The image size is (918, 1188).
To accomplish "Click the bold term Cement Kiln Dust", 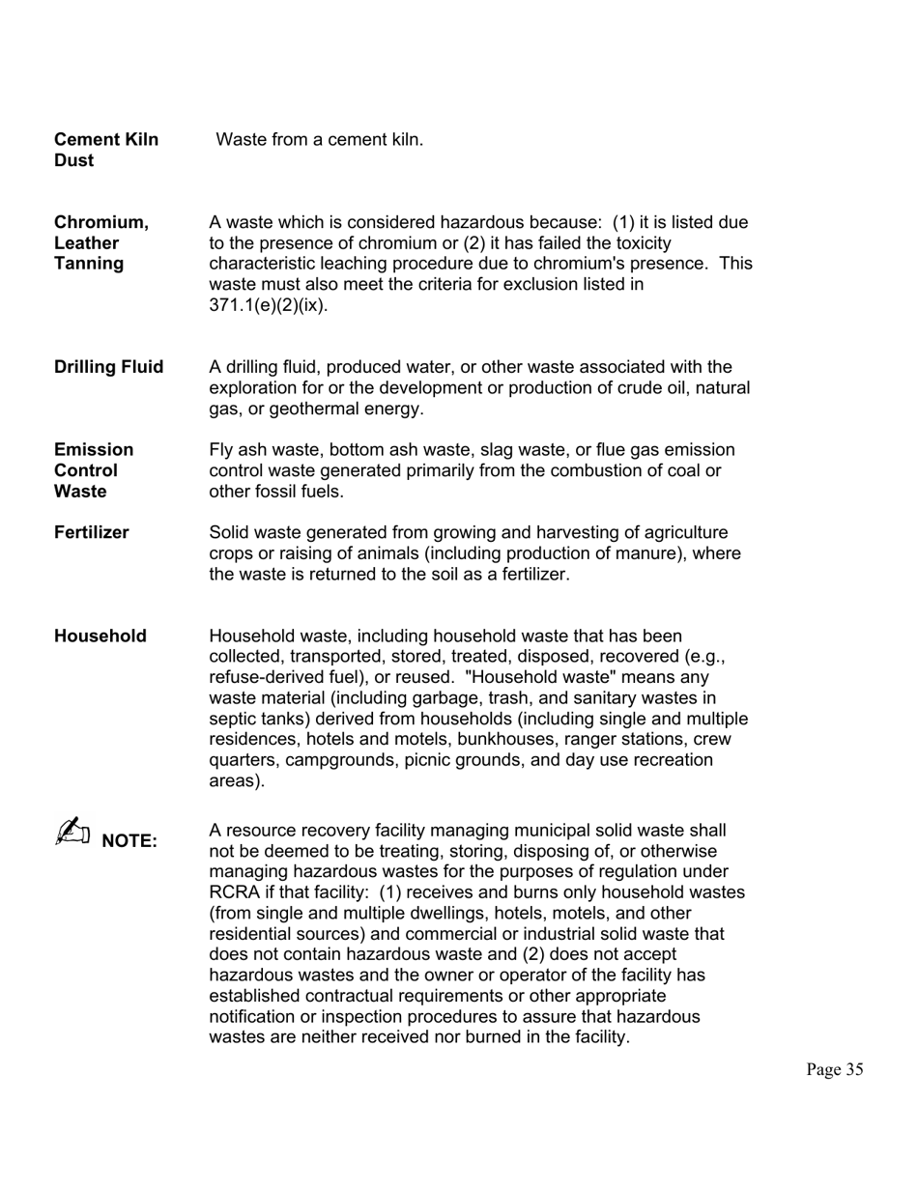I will (x=105, y=150).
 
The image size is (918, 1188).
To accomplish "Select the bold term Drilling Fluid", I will (x=108, y=367).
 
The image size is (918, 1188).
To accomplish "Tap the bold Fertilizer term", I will (x=91, y=532).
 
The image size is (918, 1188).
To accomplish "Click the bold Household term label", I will (x=100, y=636).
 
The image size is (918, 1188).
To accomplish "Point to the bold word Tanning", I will (x=89, y=264).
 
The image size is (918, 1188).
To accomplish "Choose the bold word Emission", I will (x=94, y=450).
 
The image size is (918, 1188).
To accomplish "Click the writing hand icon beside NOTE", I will (x=72, y=834).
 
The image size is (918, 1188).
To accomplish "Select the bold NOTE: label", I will (x=129, y=840).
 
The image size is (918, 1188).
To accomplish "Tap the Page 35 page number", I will (x=834, y=1069).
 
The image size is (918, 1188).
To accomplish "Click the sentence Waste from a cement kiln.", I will (x=319, y=139).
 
